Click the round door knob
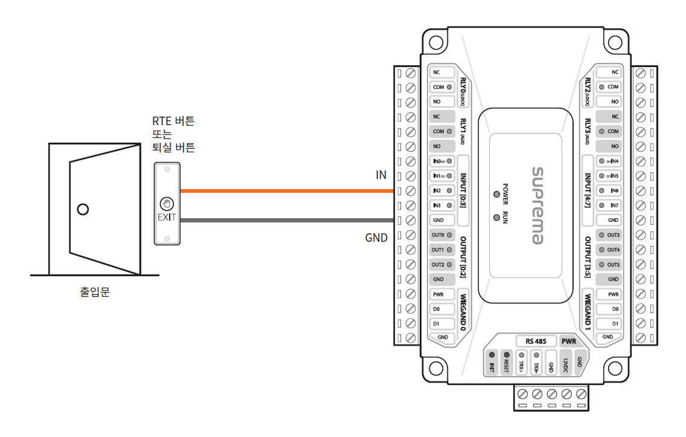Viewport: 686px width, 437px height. click(83, 210)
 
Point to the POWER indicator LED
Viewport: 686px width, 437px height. click(496, 195)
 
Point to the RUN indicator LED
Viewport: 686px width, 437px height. click(496, 216)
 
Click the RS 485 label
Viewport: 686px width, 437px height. click(536, 341)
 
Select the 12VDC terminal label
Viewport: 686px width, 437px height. click(565, 364)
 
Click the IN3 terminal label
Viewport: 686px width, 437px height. click(437, 206)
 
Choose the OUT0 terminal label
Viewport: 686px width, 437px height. click(438, 235)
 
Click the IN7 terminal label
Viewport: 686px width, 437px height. click(614, 206)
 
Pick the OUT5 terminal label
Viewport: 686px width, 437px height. click(613, 265)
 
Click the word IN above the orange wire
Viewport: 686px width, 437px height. click(380, 175)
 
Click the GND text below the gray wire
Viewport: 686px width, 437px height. click(376, 238)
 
